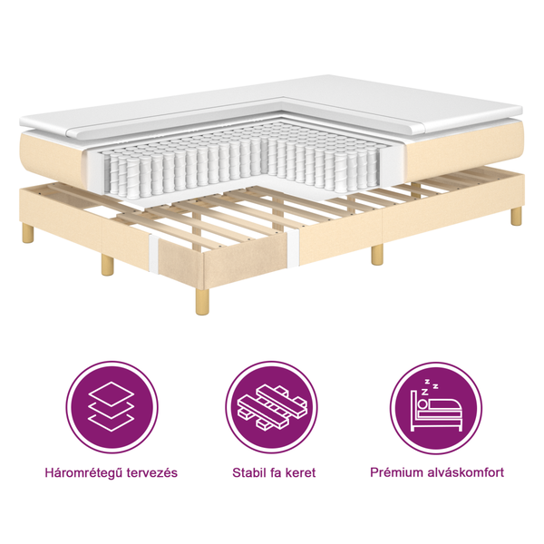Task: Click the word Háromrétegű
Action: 83,472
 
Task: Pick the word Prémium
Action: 397,472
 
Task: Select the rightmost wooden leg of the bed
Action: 516,216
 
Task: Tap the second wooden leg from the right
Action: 377,254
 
